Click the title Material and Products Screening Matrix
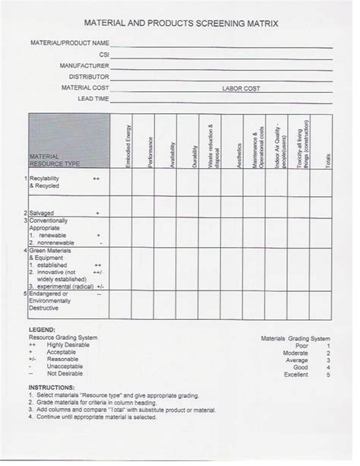pyautogui.click(x=180, y=24)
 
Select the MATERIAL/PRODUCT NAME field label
pyautogui.click(x=71, y=43)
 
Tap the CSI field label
pyautogui.click(x=104, y=55)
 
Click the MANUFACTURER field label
pyautogui.click(x=84, y=66)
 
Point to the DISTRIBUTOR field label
pyautogui.click(x=89, y=77)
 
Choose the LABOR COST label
pyautogui.click(x=241, y=88)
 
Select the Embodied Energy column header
pyautogui.click(x=128, y=146)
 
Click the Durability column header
pyautogui.click(x=196, y=154)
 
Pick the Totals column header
pyautogui.click(x=328, y=157)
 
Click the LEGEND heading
pyautogui.click(x=41, y=329)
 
